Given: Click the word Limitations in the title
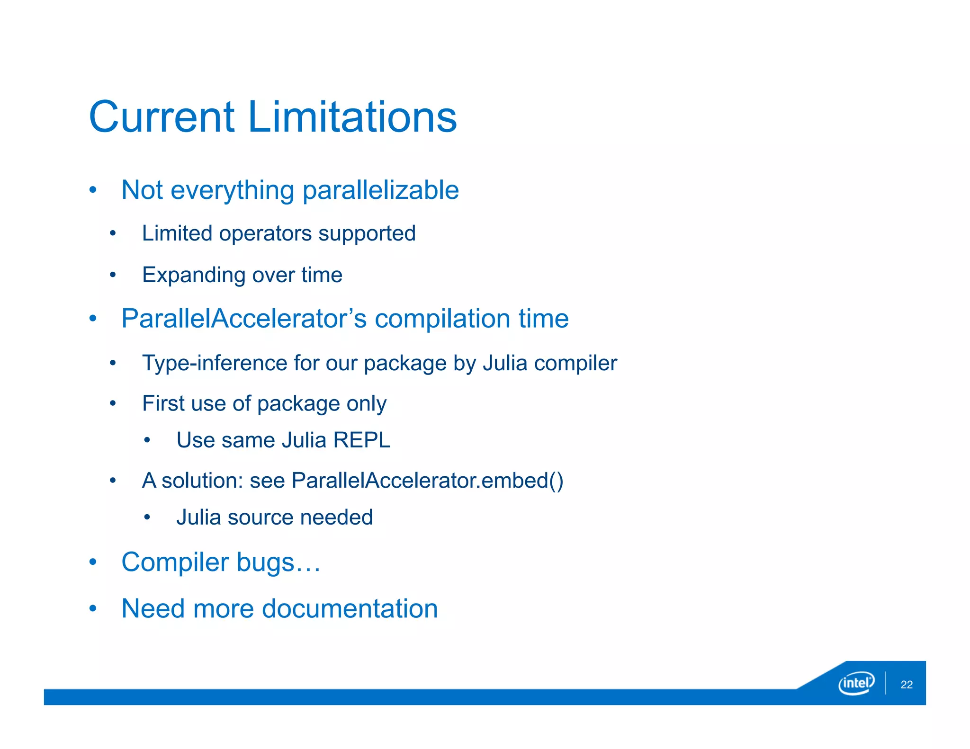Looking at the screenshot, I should pyautogui.click(x=352, y=117).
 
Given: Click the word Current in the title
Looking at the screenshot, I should pyautogui.click(x=162, y=117).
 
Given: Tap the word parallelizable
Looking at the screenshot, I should pyautogui.click(x=380, y=190).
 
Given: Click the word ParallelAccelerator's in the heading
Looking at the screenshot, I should pyautogui.click(x=244, y=318).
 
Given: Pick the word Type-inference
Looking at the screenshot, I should pyautogui.click(x=214, y=363).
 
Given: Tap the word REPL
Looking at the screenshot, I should pyautogui.click(x=361, y=440).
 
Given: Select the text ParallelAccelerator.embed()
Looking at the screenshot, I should pyautogui.click(x=427, y=481).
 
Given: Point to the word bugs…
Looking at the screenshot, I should pyautogui.click(x=278, y=562).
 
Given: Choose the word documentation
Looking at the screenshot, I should pyautogui.click(x=350, y=609).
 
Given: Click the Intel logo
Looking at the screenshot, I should pyautogui.click(x=856, y=683).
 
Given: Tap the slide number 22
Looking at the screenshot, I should pyautogui.click(x=907, y=685).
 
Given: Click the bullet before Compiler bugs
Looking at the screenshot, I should pyautogui.click(x=93, y=562).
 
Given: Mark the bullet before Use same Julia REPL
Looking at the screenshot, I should pyautogui.click(x=147, y=440).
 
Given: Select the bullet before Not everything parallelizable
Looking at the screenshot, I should pyautogui.click(x=93, y=190).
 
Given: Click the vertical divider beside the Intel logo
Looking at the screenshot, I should pyautogui.click(x=885, y=683).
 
